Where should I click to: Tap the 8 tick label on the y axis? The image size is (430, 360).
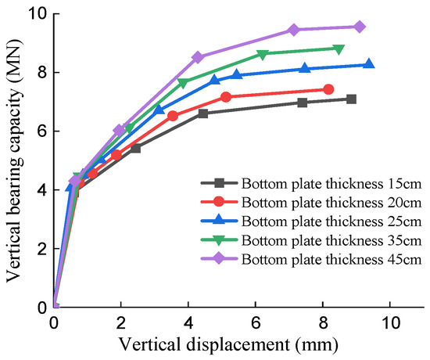pyautogui.click(x=41, y=73)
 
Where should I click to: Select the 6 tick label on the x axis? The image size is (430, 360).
pyautogui.click(x=256, y=322)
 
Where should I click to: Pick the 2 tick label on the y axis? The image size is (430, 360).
pyautogui.click(x=41, y=249)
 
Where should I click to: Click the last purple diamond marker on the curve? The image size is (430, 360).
pyautogui.click(x=360, y=27)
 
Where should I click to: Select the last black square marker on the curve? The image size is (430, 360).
pyautogui.click(x=352, y=99)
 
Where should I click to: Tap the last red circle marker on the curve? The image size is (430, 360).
pyautogui.click(x=328, y=89)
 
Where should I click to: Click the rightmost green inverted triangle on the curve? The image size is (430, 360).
pyautogui.click(x=339, y=49)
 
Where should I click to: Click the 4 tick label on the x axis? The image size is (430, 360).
pyautogui.click(x=188, y=322)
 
